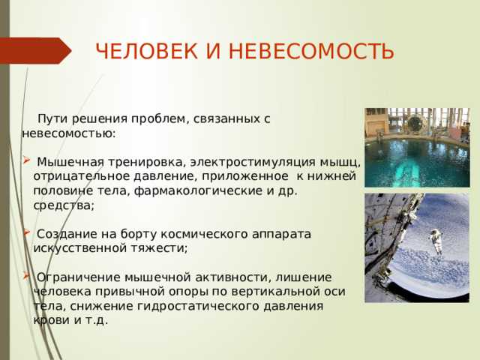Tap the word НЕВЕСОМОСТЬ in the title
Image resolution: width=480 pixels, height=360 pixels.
(310, 52)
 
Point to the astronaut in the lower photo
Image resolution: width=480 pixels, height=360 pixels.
(435, 241)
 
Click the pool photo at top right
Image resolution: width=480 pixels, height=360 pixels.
(417, 147)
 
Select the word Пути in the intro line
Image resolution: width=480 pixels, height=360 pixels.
(52, 118)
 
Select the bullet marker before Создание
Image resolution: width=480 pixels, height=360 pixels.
(26, 232)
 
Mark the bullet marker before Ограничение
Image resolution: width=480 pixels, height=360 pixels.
(26, 275)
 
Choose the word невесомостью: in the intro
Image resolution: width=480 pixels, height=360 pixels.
(69, 133)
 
